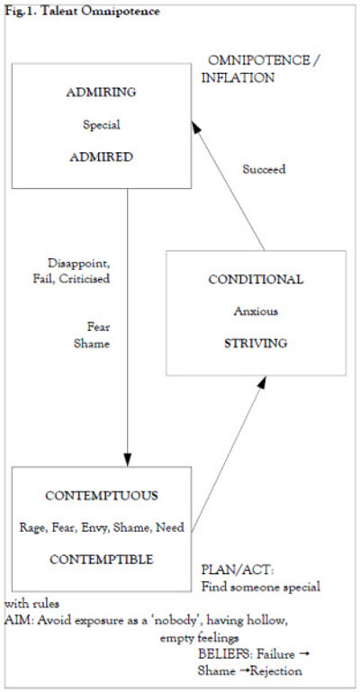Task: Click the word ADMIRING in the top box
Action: tap(102, 93)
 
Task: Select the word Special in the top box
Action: tap(102, 125)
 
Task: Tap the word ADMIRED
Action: tap(102, 157)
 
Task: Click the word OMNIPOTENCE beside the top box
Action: tap(258, 60)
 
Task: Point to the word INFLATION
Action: tap(238, 77)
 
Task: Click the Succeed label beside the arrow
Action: tap(264, 169)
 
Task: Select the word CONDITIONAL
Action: tap(256, 279)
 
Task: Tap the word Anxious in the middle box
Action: tap(256, 311)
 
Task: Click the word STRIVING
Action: tap(256, 344)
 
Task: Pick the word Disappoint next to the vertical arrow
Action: tap(78, 264)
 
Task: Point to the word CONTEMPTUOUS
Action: tap(102, 496)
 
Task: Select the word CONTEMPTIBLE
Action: tap(102, 560)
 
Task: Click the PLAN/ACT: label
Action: tap(238, 571)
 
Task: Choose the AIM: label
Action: tap(20, 621)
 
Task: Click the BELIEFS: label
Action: tap(225, 654)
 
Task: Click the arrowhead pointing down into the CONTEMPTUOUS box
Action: tap(128, 460)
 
